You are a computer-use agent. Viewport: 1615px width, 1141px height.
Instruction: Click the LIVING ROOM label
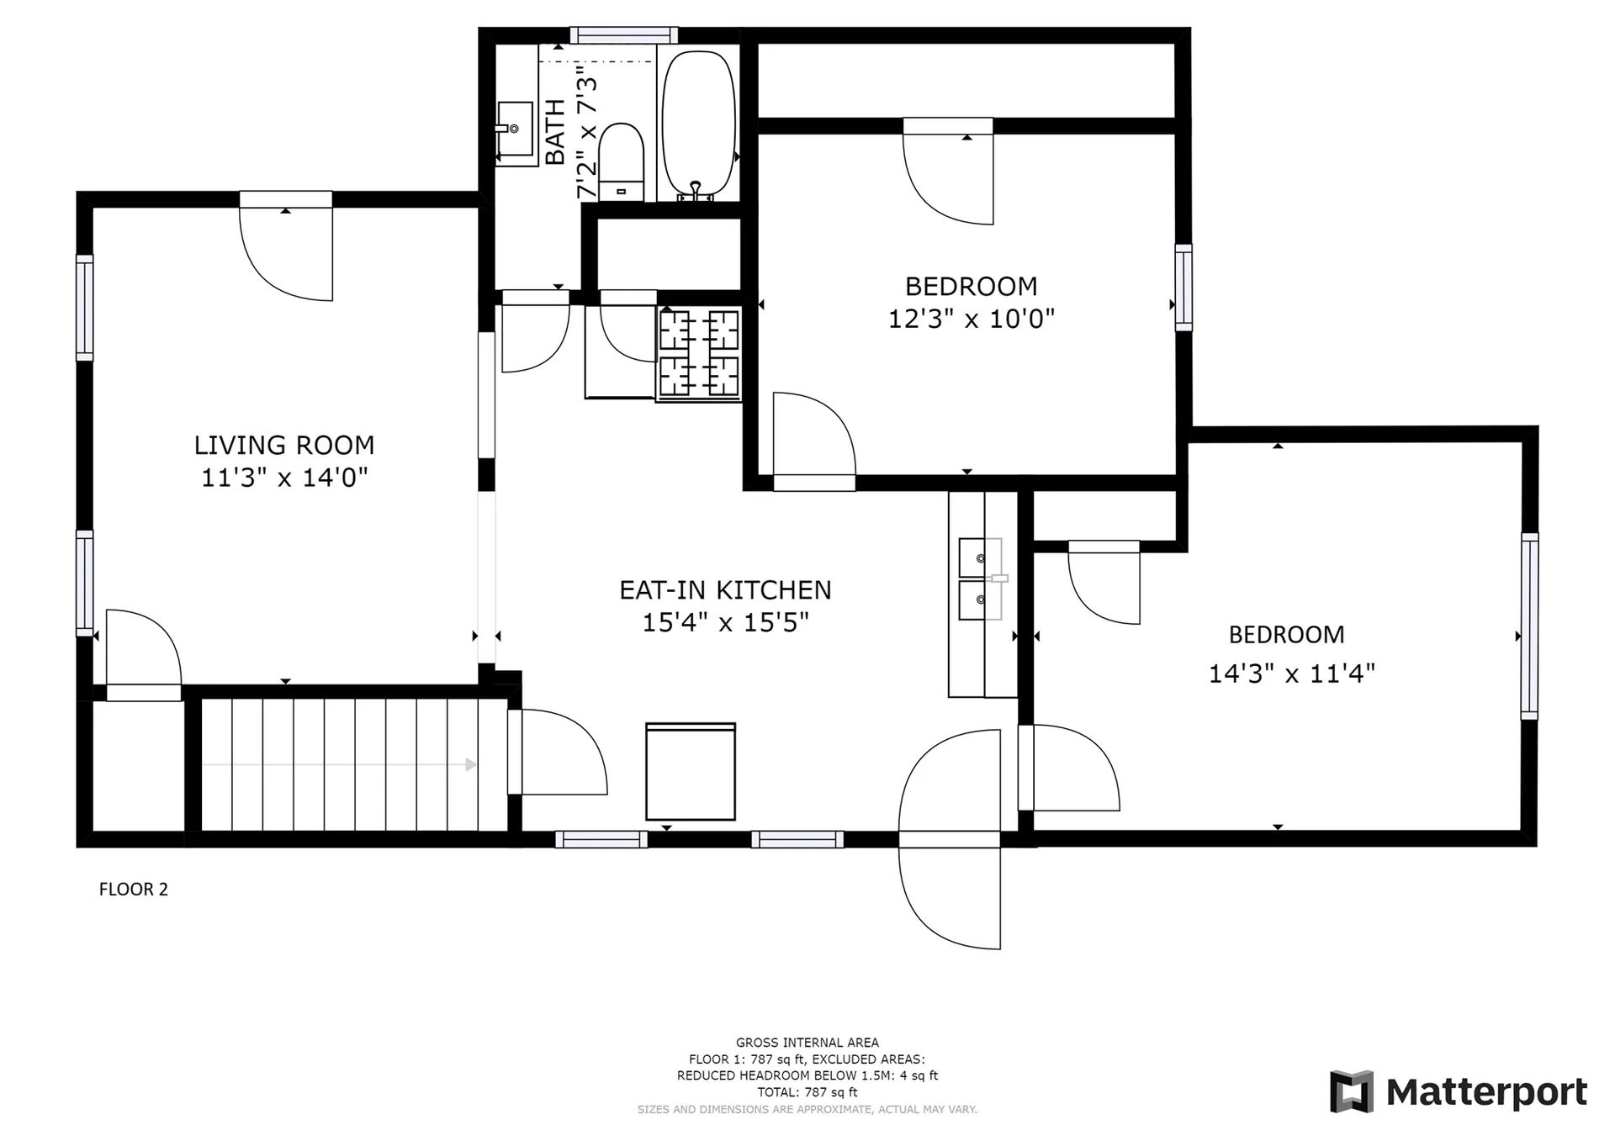click(x=284, y=445)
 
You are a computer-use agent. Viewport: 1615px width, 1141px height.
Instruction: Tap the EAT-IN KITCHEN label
click(x=725, y=590)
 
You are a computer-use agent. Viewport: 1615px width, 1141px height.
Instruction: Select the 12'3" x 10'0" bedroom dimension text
click(x=972, y=319)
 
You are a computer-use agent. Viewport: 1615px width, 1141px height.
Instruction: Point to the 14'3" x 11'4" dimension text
click(x=1292, y=674)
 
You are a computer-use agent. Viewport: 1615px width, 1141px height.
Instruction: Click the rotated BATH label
click(x=555, y=132)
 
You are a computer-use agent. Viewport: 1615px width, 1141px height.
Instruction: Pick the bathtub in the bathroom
click(x=699, y=126)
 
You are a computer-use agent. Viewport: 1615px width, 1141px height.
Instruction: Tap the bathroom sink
click(x=514, y=129)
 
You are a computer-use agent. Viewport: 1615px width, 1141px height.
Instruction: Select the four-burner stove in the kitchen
click(x=699, y=352)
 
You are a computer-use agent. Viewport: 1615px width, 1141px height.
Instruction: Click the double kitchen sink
click(x=981, y=579)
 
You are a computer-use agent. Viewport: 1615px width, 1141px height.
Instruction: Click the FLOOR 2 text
click(x=134, y=890)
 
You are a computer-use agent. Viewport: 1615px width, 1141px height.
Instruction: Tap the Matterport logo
click(x=1459, y=1091)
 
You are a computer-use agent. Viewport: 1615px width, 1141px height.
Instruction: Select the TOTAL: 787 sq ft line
click(x=807, y=1092)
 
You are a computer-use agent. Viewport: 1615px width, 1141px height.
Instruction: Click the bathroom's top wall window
click(x=623, y=35)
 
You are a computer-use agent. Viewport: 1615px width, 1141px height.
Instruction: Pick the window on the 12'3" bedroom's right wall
click(x=1183, y=288)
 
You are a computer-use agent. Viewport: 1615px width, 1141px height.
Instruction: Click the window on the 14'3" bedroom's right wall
click(x=1529, y=626)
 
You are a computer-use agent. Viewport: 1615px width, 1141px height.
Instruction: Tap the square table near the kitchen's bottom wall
click(x=691, y=772)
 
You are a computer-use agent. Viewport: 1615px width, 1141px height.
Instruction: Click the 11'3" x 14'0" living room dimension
click(x=284, y=478)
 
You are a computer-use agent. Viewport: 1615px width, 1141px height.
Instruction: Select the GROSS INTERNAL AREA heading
click(x=807, y=1043)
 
